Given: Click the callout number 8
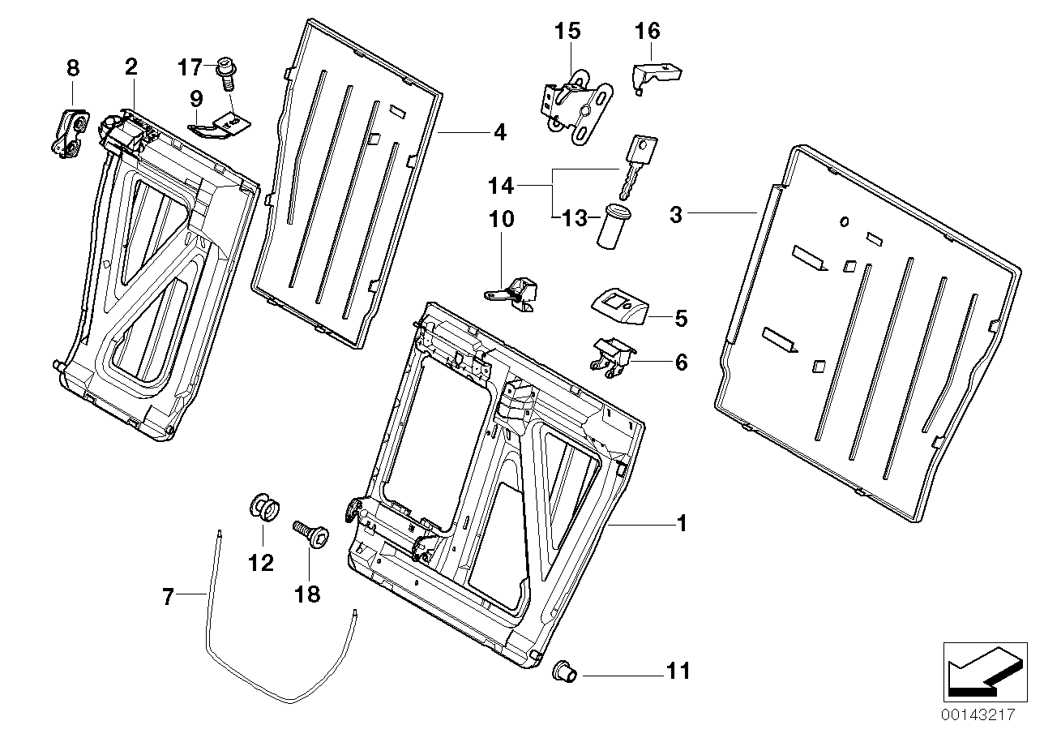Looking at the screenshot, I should click(x=73, y=68).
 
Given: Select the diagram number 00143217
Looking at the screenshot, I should click(x=978, y=716).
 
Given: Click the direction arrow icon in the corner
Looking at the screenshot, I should click(x=980, y=670).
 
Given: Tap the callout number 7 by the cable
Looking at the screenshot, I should click(x=168, y=598).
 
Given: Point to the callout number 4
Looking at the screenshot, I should click(x=499, y=132).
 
